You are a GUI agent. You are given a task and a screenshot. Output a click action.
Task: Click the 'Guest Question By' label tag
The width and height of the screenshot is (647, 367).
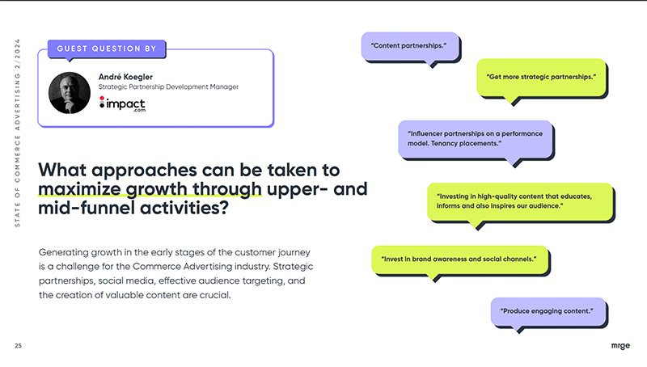point(107,49)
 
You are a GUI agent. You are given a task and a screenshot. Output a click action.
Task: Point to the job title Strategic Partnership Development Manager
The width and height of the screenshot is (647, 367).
point(167,86)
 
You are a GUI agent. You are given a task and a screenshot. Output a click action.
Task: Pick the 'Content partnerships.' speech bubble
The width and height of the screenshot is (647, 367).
point(408,45)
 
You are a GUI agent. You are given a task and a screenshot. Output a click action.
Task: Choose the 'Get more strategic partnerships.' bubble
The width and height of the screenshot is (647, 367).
point(541,78)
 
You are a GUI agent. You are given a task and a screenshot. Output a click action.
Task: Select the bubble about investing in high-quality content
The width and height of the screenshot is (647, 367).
point(520,200)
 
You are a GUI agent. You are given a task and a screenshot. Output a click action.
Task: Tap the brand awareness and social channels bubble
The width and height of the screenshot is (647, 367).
point(459,259)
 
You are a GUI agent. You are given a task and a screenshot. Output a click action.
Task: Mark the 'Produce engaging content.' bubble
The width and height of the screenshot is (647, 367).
point(548,310)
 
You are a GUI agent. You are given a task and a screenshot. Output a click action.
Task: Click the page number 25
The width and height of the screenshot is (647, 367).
point(19,346)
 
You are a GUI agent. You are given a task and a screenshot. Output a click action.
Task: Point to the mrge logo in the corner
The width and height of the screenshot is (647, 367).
point(620,346)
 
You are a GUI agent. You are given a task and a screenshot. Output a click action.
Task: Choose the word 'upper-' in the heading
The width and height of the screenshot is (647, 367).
point(296,190)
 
